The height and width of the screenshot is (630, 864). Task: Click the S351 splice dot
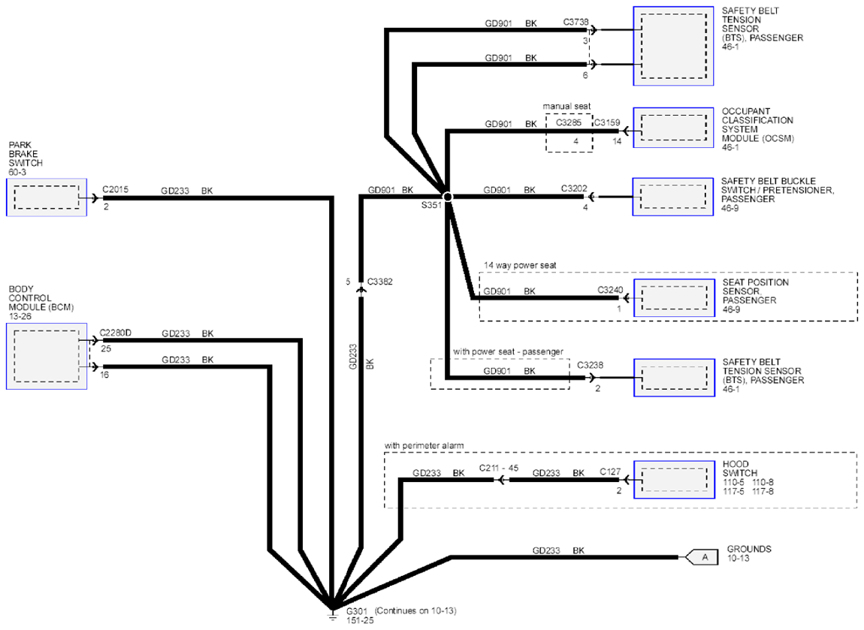point(448,197)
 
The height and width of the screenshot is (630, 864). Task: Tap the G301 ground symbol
point(332,614)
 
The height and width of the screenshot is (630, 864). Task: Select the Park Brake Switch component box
point(47,197)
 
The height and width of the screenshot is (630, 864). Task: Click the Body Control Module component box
point(47,357)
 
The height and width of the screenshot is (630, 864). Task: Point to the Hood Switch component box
point(674,480)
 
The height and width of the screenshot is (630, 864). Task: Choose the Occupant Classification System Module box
point(673,128)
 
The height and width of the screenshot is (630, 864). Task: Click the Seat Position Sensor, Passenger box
point(674,298)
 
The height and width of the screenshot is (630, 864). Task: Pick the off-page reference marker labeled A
point(702,557)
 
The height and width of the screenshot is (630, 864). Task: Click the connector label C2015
point(115,189)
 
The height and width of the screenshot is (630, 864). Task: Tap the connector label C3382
point(379,282)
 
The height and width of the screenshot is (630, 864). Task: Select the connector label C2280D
point(115,333)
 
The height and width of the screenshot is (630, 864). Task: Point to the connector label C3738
point(575,22)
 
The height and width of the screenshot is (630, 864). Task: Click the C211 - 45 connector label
point(499,468)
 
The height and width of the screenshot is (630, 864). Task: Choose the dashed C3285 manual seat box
point(569,133)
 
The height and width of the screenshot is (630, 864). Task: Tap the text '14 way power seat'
point(520,265)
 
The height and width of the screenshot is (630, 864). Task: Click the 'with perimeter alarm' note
point(424,445)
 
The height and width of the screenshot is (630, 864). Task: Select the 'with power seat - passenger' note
point(508,351)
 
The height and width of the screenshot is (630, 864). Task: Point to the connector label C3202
point(574,188)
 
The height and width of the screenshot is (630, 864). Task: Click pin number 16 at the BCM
point(104,375)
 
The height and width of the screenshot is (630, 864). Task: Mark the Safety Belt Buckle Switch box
point(673,197)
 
